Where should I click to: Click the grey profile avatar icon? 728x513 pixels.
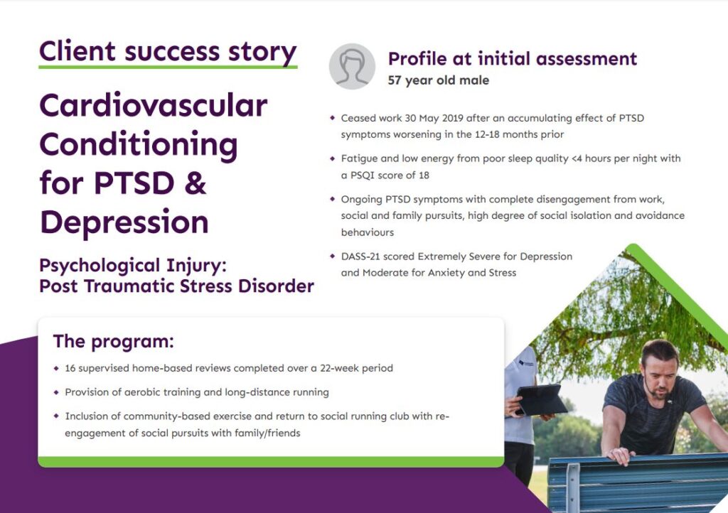(x=351, y=67)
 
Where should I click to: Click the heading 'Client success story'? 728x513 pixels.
(x=168, y=51)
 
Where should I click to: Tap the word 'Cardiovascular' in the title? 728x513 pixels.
(x=153, y=106)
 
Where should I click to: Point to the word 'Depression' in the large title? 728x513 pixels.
(x=124, y=222)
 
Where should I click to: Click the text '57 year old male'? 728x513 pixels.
(x=438, y=80)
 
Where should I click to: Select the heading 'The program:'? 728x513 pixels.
(x=113, y=341)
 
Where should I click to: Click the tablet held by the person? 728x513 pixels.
(x=540, y=400)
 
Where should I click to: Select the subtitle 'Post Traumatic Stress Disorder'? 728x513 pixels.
(x=176, y=286)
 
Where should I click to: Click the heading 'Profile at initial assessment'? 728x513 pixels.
(x=512, y=59)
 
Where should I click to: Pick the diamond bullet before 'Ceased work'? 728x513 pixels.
(x=332, y=118)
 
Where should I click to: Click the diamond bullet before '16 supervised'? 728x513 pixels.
(x=56, y=369)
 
